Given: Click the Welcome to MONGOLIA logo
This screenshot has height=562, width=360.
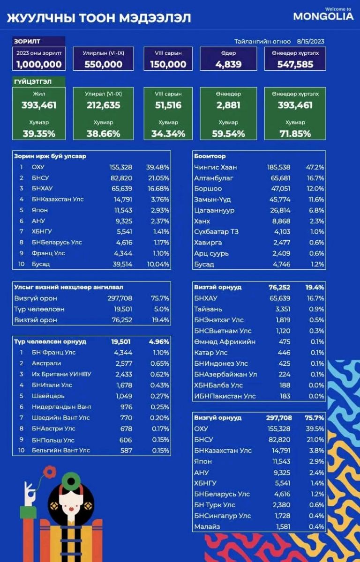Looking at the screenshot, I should tap(323, 15).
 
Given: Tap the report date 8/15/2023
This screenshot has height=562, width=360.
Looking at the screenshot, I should tap(310, 41).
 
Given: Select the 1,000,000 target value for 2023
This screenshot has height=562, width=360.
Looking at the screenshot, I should tap(39, 64).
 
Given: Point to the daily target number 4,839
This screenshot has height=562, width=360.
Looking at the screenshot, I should tap(228, 64).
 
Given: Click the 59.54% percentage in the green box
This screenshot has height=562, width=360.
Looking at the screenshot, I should tap(228, 133).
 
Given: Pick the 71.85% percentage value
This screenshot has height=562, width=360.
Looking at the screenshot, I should tap(295, 133).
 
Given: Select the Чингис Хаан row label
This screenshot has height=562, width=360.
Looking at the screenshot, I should tap(215, 167).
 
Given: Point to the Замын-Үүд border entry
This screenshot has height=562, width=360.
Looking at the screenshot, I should tap(212, 200).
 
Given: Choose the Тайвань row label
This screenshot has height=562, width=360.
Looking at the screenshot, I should tap(208, 309).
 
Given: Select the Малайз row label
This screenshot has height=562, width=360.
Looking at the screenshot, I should tap(207, 527).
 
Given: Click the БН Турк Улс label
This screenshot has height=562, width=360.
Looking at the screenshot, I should tap(215, 505).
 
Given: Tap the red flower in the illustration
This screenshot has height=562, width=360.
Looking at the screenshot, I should tap(49, 471).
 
